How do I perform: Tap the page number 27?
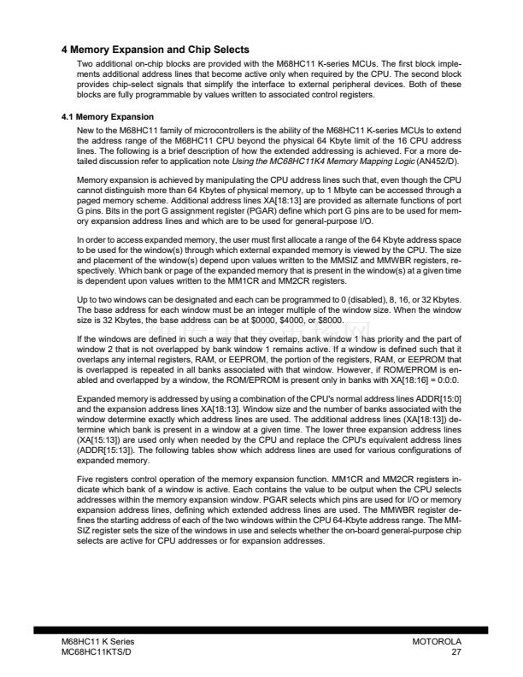[x=456, y=653]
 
